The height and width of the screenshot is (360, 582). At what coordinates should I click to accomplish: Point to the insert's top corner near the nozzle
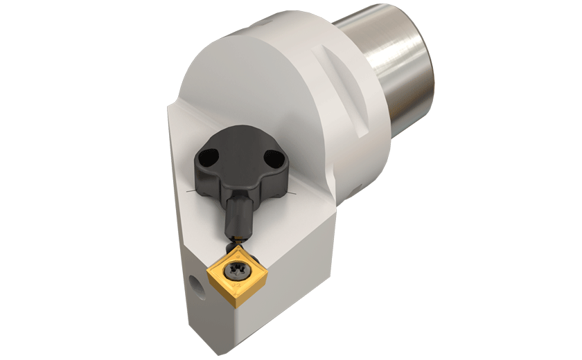239,244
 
